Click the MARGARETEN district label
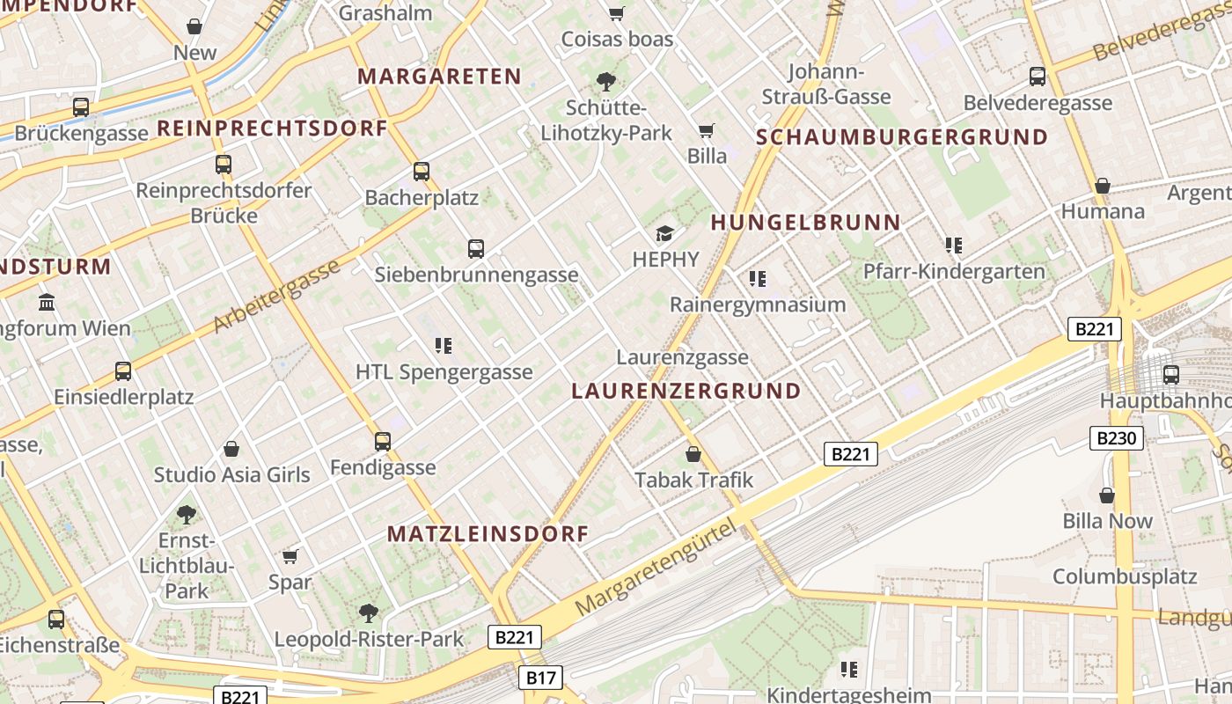coord(440,77)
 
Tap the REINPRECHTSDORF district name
coord(272,128)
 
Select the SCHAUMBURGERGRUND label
coord(902,137)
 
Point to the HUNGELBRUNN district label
coord(805,223)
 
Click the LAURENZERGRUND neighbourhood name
coord(686,391)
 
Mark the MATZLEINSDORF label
coord(488,534)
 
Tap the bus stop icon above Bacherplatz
coord(422,172)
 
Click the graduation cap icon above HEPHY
coord(664,233)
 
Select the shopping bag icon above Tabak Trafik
coord(693,454)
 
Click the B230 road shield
coord(1117,438)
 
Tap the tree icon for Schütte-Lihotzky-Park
coord(605,82)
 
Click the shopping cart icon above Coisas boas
coord(617,13)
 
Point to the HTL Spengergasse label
coord(444,372)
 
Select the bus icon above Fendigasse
coord(383,442)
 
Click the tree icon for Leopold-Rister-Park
coord(369,613)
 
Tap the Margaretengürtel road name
coord(655,568)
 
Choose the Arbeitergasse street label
coord(276,297)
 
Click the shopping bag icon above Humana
coord(1102,186)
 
